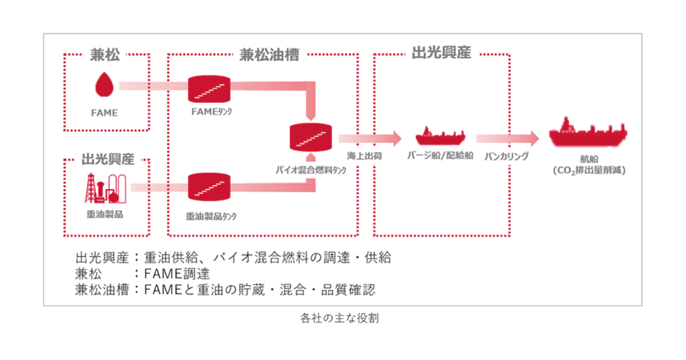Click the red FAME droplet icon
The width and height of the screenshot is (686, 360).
tap(104, 85)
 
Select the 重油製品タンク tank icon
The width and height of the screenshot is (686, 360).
tap(209, 187)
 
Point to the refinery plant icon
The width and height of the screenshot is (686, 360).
tap(103, 188)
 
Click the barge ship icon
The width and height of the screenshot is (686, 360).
tap(440, 136)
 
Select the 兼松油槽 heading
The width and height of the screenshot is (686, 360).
tap(262, 55)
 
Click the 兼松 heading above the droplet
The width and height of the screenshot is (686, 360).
tap(106, 55)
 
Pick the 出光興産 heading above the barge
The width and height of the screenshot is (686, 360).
tap(441, 54)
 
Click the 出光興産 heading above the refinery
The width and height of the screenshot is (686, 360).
tap(108, 158)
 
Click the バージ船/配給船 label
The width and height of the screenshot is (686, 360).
tap(440, 155)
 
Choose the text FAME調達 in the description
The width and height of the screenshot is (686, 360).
tap(177, 273)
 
